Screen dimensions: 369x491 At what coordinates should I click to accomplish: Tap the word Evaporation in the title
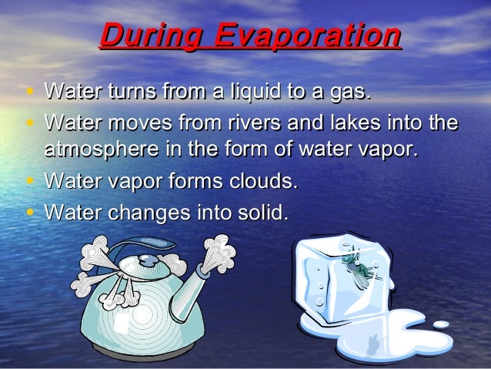click(308, 36)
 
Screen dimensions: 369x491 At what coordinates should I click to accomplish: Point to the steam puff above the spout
click(219, 250)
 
